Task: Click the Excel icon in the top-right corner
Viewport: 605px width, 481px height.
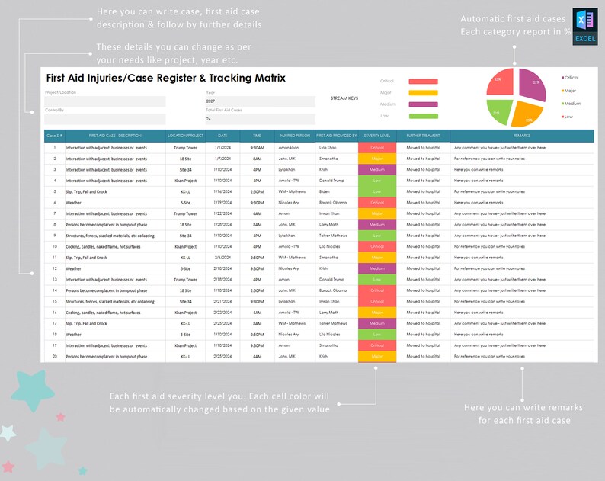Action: point(584,27)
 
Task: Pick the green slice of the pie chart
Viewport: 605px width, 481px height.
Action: point(499,113)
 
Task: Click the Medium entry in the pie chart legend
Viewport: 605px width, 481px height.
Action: point(571,103)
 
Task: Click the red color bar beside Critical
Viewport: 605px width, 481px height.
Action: point(423,81)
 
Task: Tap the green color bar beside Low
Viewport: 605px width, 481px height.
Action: point(423,116)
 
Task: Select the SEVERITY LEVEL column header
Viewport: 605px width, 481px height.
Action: point(377,136)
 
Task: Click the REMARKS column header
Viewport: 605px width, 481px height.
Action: point(522,136)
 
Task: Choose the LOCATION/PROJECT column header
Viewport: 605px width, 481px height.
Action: point(186,136)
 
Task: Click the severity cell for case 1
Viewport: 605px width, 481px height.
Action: point(377,147)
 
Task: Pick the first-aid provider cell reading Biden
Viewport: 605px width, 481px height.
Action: point(324,191)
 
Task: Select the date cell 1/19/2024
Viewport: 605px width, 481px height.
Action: point(222,203)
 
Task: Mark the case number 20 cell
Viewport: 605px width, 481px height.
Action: point(54,356)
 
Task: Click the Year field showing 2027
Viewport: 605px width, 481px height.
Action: point(259,101)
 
